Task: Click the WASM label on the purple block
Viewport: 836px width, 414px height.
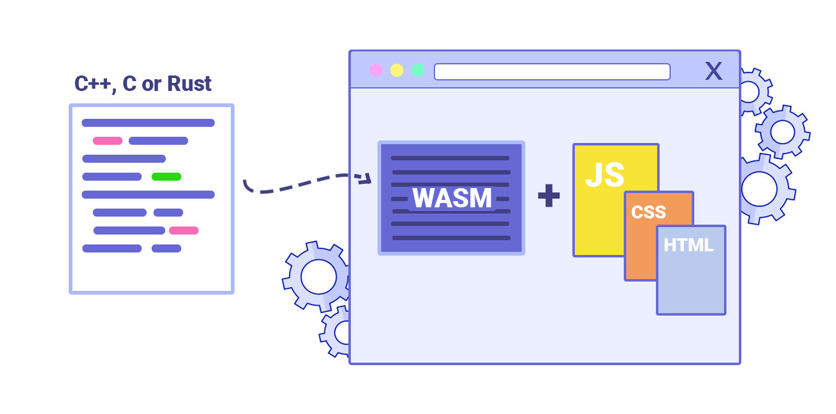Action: click(452, 198)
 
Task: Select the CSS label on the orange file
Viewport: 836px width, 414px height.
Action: click(649, 212)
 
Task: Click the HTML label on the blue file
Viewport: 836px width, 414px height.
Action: click(689, 245)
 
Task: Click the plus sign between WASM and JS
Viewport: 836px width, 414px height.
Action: click(548, 196)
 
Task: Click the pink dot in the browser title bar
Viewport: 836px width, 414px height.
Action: click(376, 71)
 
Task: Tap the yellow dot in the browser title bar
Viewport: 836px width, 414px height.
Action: click(397, 71)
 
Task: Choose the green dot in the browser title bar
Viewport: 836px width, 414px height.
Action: click(418, 71)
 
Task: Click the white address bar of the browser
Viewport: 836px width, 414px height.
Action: click(552, 72)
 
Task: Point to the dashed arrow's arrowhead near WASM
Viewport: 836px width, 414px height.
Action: click(367, 179)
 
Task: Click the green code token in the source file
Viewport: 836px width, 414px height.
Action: click(166, 176)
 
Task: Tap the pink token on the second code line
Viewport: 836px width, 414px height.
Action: click(108, 140)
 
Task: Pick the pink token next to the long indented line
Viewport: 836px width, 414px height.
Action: click(184, 230)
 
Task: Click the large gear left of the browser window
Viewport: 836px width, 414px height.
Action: click(317, 277)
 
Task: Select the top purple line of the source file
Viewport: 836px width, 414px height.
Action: click(148, 123)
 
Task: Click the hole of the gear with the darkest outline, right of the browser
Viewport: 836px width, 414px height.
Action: click(783, 132)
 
